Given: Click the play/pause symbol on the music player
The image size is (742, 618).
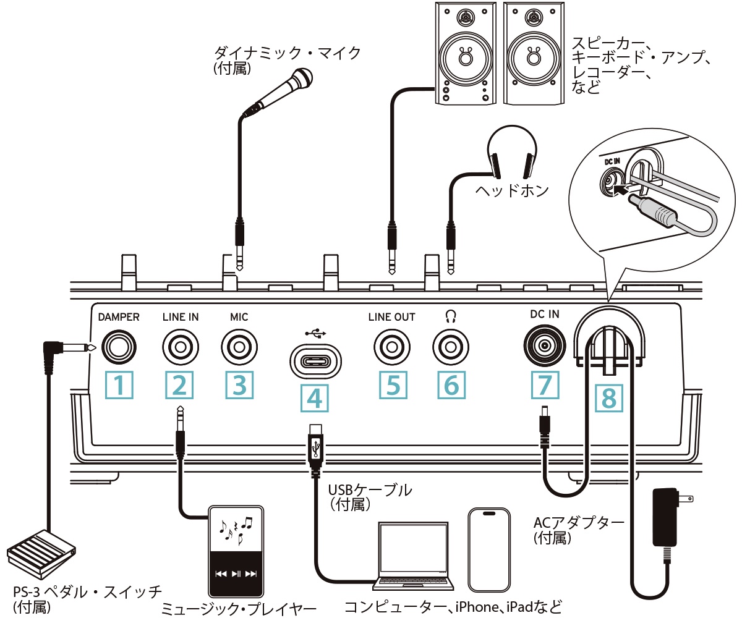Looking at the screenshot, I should [236, 574].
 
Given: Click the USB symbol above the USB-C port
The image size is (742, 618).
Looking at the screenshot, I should [315, 332].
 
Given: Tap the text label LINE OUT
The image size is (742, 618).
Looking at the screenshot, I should [391, 317].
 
